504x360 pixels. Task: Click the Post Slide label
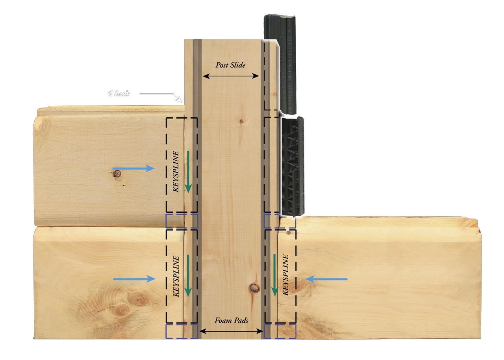230,65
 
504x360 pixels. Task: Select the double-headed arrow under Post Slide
230,76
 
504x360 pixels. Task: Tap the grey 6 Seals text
119,94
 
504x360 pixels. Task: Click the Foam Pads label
231,321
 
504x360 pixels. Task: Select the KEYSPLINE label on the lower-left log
176,276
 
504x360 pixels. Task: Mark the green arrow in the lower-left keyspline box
188,275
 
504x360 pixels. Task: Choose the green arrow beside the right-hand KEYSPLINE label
274,275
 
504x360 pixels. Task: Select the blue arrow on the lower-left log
134,279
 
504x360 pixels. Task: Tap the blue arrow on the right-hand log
326,279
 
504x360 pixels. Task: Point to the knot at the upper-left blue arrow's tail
116,172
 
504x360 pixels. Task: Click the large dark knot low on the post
254,288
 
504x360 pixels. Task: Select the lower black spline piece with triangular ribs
292,166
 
